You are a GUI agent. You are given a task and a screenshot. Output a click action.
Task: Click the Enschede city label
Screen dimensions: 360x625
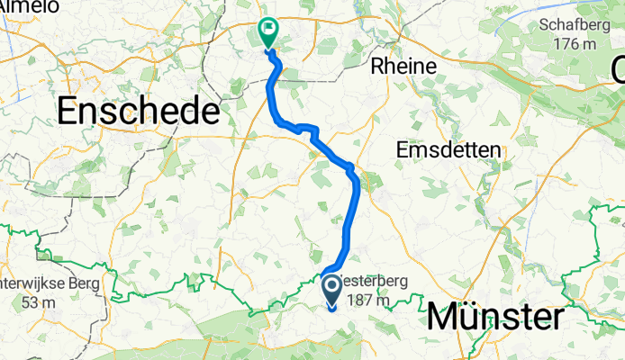(139, 112)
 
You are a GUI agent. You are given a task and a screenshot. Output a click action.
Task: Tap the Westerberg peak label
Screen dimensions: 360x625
(371, 281)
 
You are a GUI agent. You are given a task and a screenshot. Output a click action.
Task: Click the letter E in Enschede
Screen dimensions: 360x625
(68, 112)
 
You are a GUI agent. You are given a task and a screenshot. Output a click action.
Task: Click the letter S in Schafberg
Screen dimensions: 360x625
(545, 25)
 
